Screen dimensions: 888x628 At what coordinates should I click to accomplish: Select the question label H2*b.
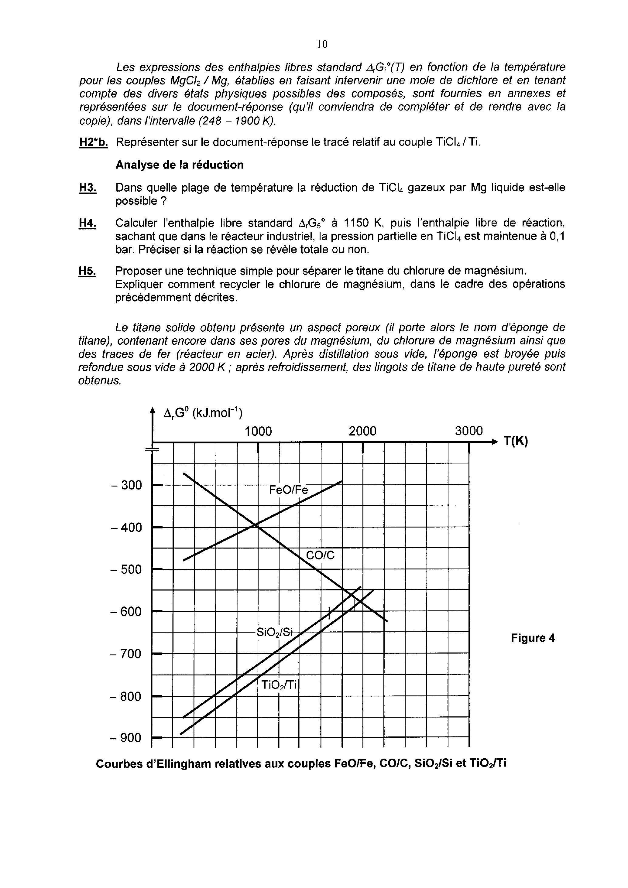point(93,142)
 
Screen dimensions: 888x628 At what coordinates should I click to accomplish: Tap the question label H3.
point(88,188)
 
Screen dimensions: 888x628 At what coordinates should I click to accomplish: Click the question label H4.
point(88,223)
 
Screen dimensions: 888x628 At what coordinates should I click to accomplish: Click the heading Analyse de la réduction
point(180,165)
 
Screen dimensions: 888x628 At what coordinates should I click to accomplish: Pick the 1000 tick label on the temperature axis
point(258,431)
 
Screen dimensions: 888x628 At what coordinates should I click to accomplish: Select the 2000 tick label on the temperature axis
point(362,431)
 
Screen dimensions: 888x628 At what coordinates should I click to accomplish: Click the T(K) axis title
point(516,441)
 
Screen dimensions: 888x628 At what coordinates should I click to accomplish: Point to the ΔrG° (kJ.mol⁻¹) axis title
point(203,413)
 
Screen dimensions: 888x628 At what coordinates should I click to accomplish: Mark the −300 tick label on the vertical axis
point(126,485)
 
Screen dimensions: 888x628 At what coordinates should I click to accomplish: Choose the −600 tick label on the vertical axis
point(126,612)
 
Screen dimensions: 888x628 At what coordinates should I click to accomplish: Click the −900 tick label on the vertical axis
point(126,738)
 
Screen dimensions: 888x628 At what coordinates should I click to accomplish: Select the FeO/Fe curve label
point(289,490)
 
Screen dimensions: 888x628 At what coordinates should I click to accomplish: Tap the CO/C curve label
point(320,555)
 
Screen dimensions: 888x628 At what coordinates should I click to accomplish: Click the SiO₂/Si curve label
point(275,632)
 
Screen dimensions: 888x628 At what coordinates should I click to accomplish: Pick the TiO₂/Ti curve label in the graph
point(279,685)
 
